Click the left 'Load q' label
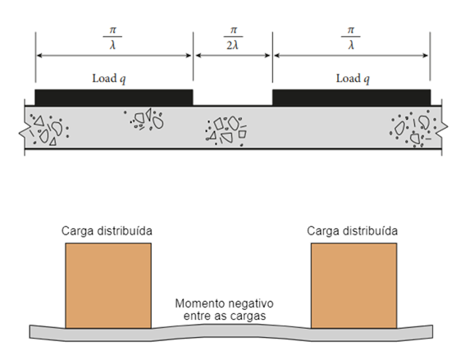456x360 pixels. pos(109,79)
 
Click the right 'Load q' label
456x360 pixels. pos(353,79)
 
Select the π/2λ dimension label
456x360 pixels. pos(233,39)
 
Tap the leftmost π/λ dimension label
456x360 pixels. pos(112,39)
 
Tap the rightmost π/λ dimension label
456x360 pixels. pos(351,39)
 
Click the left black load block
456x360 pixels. pos(114,98)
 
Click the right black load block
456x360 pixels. pos(351,98)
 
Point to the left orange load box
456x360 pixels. pos(108,285)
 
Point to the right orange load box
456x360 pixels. pos(354,285)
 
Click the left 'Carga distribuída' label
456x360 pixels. pos(107,231)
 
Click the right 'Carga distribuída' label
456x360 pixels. pos(352,231)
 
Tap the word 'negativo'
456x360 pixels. pos(247,304)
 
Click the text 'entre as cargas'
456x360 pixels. pos(225,316)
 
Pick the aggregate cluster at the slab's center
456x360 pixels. pos(226,131)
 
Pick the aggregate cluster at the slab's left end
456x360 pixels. pos(48,130)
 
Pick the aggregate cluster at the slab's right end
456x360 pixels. pos(413,129)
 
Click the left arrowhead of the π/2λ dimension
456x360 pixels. pos(198,55)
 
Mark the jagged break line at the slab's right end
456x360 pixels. pos(443,127)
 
